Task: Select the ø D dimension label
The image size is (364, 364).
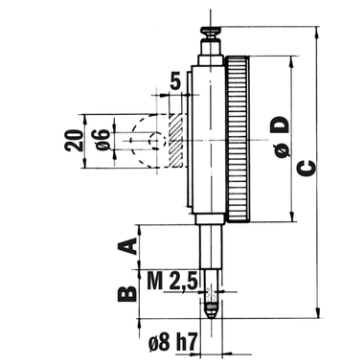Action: coord(280,137)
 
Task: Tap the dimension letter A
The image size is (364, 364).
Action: coord(127,246)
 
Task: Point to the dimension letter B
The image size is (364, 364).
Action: coord(127,293)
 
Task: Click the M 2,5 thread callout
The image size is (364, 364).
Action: coord(172,282)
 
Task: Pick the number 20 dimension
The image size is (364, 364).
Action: coord(74,141)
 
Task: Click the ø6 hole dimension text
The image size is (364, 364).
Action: coord(102,140)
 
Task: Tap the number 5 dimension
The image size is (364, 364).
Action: coord(175,80)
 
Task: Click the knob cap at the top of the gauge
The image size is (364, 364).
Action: coord(211,31)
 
